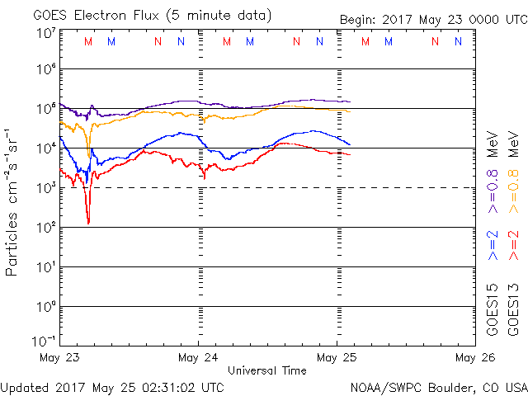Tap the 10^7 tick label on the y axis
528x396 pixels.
(45, 33)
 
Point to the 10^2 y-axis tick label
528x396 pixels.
(45, 228)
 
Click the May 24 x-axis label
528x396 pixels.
(199, 358)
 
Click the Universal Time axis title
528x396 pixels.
(266, 370)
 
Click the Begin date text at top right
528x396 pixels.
(434, 20)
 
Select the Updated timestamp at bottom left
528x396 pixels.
(112, 386)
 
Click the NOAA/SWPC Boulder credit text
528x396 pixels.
(438, 386)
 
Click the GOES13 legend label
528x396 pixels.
(514, 309)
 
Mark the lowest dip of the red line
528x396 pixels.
(88, 223)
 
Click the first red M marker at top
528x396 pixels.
(88, 41)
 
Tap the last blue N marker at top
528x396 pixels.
(458, 41)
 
